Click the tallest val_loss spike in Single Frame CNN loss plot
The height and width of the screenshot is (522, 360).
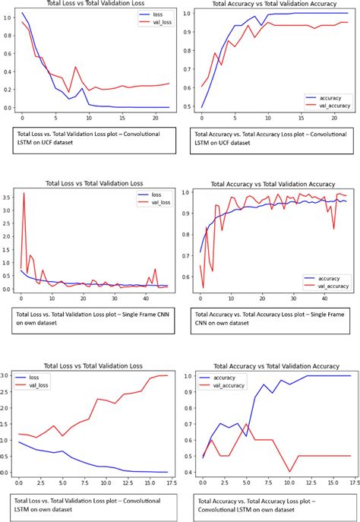24,194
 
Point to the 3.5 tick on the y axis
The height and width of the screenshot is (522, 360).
8,197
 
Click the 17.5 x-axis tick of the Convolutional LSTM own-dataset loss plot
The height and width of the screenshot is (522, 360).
172,482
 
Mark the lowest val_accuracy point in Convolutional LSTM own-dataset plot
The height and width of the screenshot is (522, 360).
289,472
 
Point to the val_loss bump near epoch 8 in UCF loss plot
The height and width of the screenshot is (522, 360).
76,67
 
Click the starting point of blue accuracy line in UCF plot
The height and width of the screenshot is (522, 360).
201,107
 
